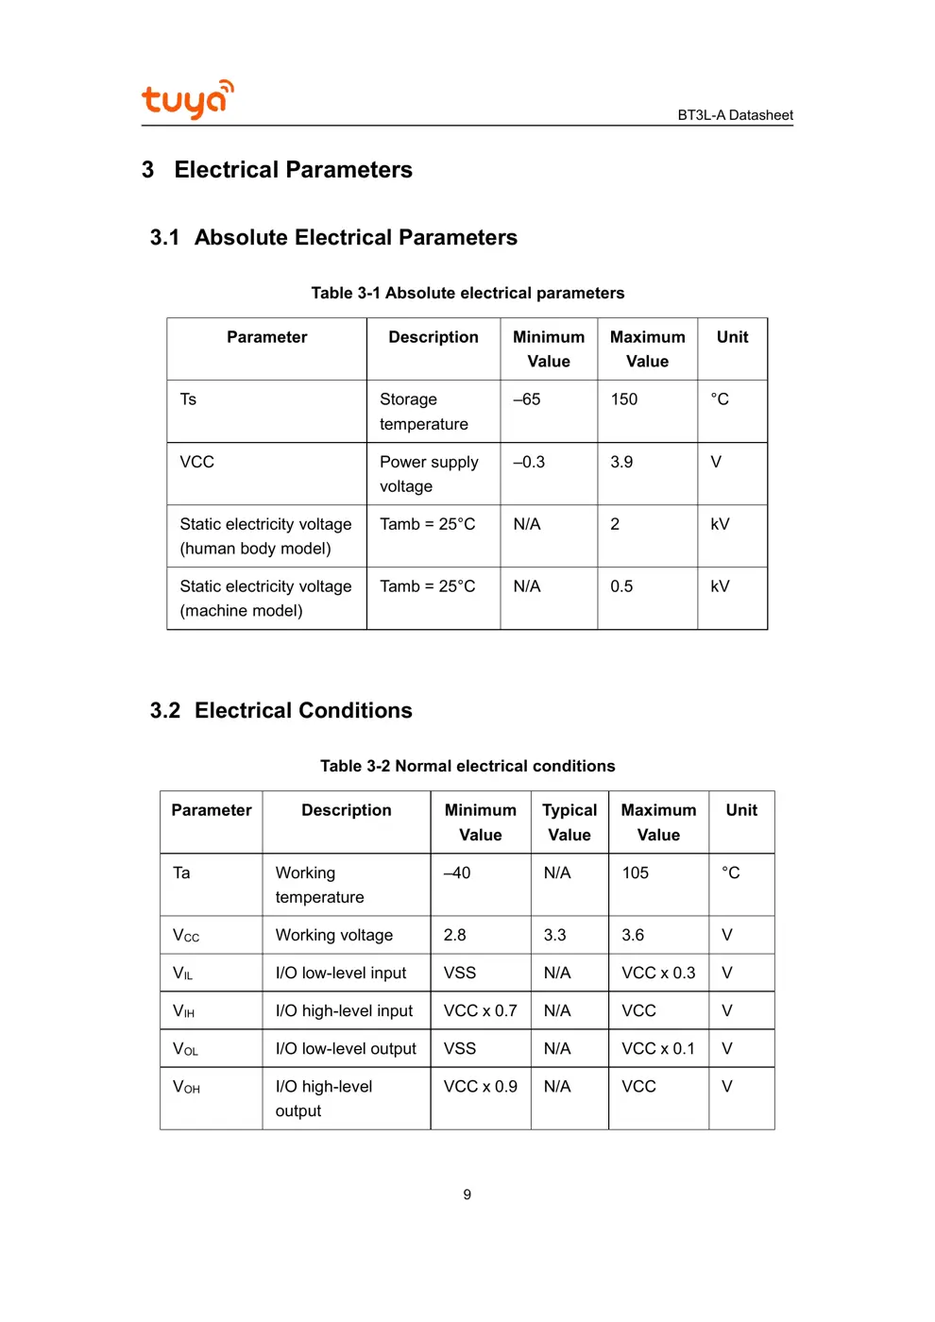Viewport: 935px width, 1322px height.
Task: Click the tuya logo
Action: (x=187, y=99)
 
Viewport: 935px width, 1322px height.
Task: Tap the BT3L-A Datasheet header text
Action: (x=735, y=115)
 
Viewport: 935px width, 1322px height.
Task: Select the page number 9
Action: (x=467, y=1195)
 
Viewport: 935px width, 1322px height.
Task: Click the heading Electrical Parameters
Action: (x=293, y=170)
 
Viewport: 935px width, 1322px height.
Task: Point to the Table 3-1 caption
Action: (x=467, y=293)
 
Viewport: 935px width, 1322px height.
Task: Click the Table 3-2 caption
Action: (x=467, y=766)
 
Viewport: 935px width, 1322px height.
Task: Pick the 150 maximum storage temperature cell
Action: (x=624, y=399)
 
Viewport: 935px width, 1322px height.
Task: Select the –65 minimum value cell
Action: (x=527, y=399)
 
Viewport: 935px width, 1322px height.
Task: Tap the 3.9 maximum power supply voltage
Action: (x=621, y=462)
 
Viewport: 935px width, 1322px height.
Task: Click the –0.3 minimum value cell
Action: (x=529, y=462)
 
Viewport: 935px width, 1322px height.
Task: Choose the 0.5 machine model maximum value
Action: (x=621, y=586)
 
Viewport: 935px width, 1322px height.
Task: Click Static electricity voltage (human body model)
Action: (x=265, y=536)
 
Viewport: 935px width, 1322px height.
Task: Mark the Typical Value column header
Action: (x=569, y=822)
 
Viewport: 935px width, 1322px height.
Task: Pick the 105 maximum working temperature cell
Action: (x=636, y=873)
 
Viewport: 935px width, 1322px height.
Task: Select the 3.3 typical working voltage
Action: (x=555, y=935)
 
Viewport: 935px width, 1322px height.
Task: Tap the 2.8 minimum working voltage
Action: (x=455, y=935)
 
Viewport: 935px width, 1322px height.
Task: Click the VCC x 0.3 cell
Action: (x=658, y=973)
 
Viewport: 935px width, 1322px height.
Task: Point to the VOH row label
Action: (x=186, y=1087)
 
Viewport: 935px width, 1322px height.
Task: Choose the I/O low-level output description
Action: (x=346, y=1048)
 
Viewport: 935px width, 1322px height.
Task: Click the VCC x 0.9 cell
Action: (x=481, y=1087)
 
